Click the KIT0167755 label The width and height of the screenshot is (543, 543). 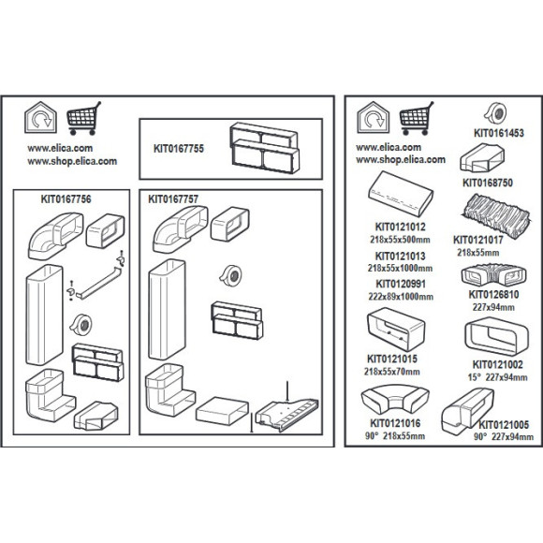pos(179,149)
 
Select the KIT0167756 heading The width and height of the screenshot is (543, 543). pos(66,199)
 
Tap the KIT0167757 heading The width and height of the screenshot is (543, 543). pos(173,199)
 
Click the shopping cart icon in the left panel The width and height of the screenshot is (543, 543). pos(83,118)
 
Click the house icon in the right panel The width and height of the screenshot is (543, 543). pos(374,117)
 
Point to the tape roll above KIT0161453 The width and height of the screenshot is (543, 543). pos(495,113)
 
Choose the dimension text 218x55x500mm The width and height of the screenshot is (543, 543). pos(400,240)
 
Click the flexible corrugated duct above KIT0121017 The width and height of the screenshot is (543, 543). pos(496,215)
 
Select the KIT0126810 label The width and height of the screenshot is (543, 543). pos(493,294)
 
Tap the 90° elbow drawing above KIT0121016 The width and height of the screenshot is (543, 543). pos(395,400)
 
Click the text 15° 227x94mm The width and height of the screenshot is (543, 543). pos(498,377)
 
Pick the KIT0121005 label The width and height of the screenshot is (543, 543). pos(504,424)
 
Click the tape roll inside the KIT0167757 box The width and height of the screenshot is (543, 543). pos(230,275)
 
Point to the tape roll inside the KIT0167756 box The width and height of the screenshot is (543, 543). pos(81,325)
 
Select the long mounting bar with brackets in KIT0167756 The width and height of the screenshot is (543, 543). pos(99,282)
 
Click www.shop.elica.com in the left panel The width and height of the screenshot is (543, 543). pos(72,161)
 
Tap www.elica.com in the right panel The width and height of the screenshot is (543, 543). pos(389,147)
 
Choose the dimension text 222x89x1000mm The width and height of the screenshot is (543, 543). pos(401,297)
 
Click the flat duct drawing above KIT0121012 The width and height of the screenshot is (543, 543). pos(401,195)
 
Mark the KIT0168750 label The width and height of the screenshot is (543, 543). pos(488,183)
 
